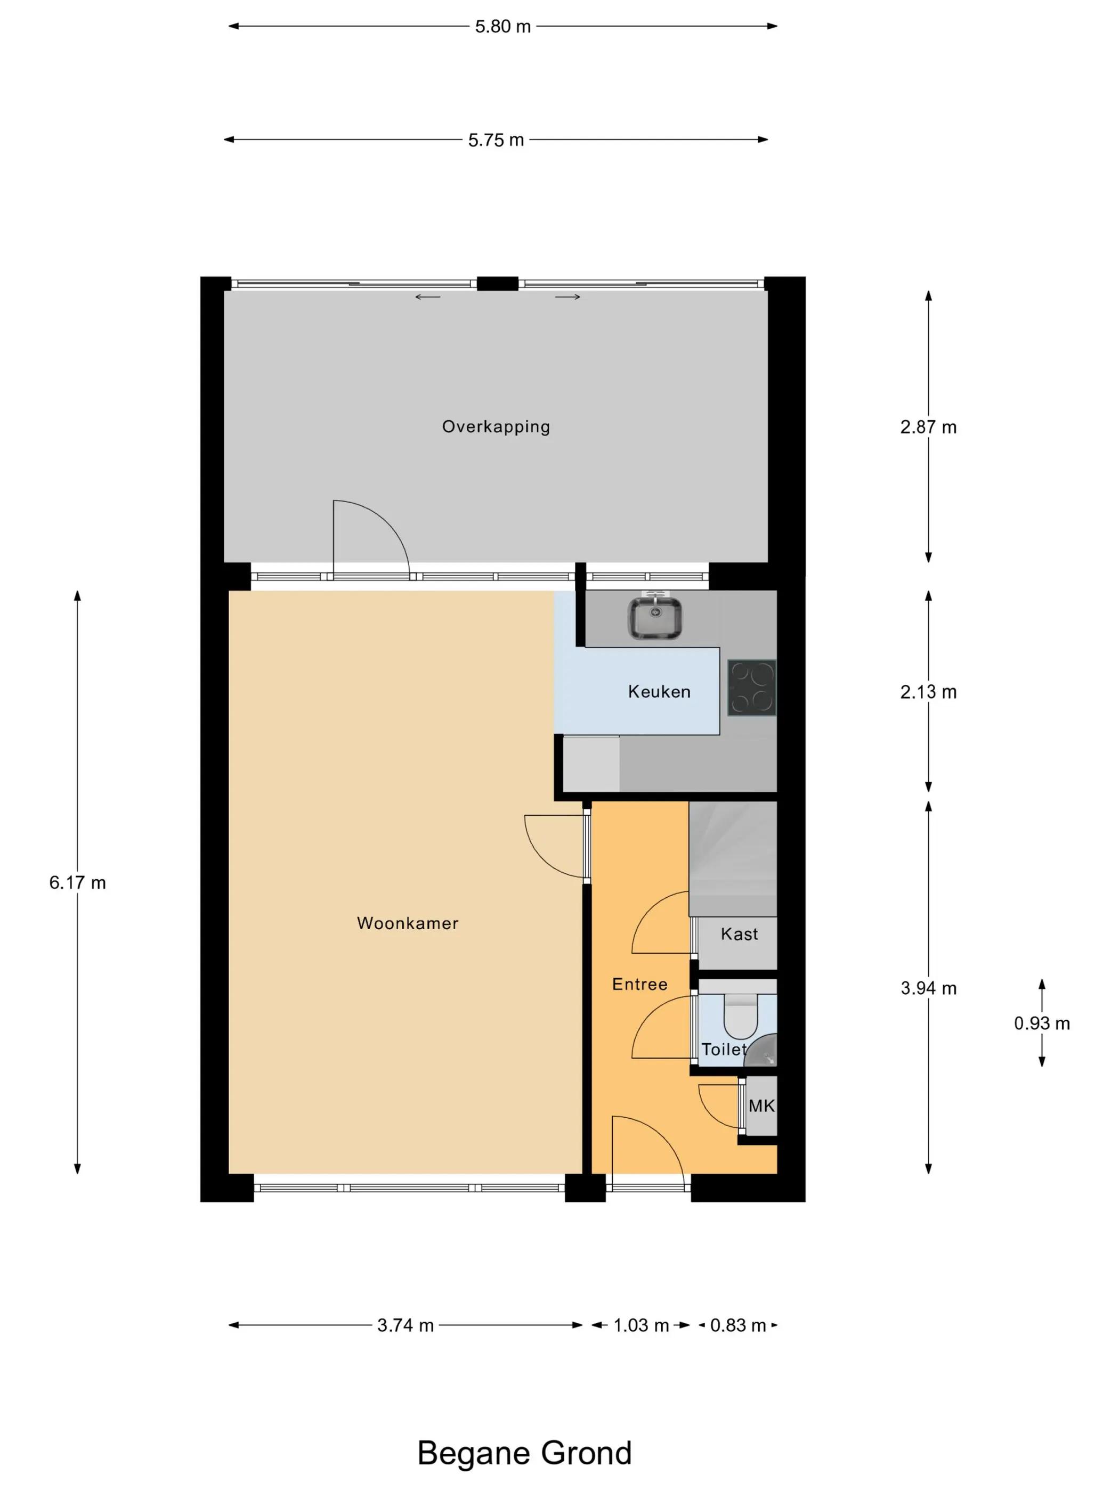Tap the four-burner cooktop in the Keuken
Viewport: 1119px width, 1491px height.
[752, 687]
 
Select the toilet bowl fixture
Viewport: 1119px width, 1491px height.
[741, 1017]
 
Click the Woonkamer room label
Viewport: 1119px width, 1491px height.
[408, 923]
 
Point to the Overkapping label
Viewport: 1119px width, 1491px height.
[496, 427]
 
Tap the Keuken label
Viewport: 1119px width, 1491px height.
[659, 692]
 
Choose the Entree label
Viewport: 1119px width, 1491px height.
[639, 984]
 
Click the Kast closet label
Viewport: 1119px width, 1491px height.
[739, 934]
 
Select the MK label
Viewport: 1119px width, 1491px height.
[761, 1106]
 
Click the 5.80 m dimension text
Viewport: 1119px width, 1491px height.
[502, 26]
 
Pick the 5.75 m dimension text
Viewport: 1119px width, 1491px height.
[496, 140]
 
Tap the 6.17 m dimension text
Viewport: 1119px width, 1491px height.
[78, 883]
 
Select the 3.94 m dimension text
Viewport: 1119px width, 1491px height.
[928, 988]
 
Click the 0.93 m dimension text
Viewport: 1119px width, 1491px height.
[1041, 1023]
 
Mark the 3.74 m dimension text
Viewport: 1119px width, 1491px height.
[406, 1325]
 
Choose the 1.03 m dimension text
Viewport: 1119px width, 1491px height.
[641, 1325]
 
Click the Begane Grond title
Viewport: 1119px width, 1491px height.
[524, 1453]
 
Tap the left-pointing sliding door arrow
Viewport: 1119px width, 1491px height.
[428, 297]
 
